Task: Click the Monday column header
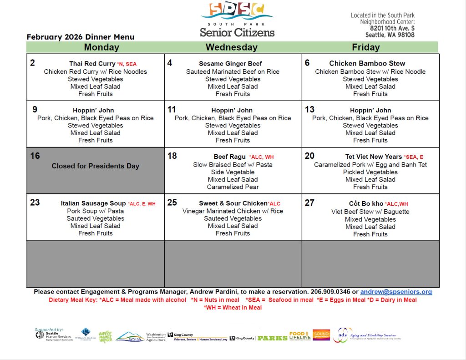pyautogui.click(x=101, y=47)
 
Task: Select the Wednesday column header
pyautogui.click(x=232, y=47)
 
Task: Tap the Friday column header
pyautogui.click(x=365, y=47)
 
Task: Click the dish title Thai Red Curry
pyautogui.click(x=92, y=64)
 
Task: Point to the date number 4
pyautogui.click(x=170, y=63)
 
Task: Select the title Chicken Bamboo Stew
pyautogui.click(x=367, y=64)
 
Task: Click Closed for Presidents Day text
pyautogui.click(x=95, y=166)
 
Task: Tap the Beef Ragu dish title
pyautogui.click(x=230, y=157)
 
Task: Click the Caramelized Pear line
pyautogui.click(x=233, y=187)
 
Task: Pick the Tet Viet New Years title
pyautogui.click(x=373, y=157)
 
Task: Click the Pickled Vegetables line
pyautogui.click(x=370, y=172)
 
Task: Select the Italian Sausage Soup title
pyautogui.click(x=93, y=203)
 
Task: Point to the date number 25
pyautogui.click(x=172, y=203)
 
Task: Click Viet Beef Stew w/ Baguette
pyautogui.click(x=370, y=212)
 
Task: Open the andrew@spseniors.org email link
pyautogui.click(x=396, y=292)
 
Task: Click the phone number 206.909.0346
pyautogui.click(x=331, y=292)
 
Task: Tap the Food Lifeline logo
pyautogui.click(x=299, y=336)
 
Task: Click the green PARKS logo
pyautogui.click(x=272, y=338)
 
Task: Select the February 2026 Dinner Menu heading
pyautogui.click(x=81, y=37)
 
